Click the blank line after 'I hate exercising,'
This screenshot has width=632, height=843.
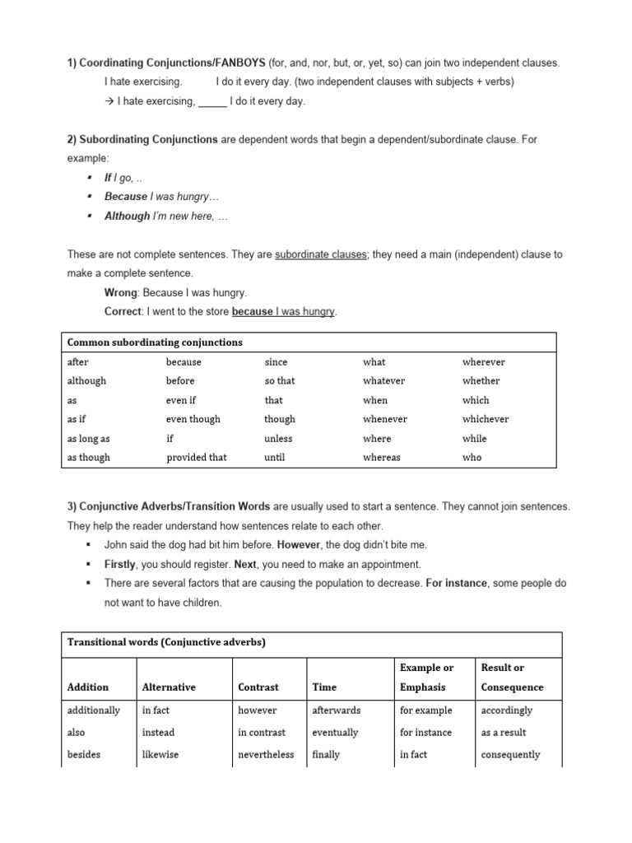[212, 102]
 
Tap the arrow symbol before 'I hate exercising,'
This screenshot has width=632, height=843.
[109, 101]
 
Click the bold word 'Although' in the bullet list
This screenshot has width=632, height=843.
[128, 217]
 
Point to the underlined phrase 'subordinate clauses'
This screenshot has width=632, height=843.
[321, 255]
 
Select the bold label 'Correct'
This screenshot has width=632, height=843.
[123, 312]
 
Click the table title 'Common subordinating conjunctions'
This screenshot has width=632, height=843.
[155, 342]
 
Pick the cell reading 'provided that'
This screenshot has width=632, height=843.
[196, 458]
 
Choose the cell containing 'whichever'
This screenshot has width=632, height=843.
[486, 419]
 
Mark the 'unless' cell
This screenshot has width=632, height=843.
[278, 439]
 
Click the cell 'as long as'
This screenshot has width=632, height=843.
[88, 439]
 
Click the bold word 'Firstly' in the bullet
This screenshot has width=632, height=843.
[120, 565]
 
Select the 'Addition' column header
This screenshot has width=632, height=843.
[87, 687]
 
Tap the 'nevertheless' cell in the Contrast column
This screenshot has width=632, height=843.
[266, 754]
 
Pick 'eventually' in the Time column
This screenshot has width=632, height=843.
[335, 732]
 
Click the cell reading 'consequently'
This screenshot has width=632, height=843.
[510, 754]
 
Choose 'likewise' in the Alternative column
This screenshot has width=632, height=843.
[161, 754]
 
